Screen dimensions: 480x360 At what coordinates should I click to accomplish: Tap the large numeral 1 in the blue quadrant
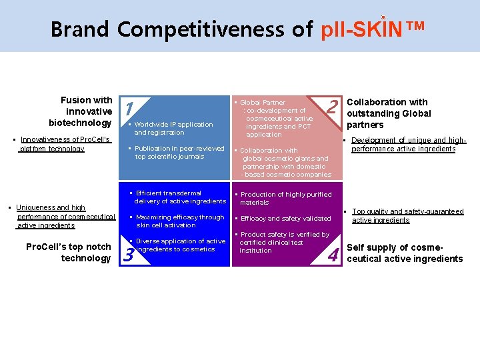pos(130,108)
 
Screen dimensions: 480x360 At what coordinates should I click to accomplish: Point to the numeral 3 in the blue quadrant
pos(129,254)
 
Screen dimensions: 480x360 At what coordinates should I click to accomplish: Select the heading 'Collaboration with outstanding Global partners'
pos(389,113)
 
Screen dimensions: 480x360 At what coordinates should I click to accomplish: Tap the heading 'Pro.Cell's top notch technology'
pos(69,253)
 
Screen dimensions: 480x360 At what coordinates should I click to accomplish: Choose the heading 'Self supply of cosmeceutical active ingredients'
pos(404,253)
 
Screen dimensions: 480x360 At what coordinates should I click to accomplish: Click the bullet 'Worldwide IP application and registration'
pos(173,128)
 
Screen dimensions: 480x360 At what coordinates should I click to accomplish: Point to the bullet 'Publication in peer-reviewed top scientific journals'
pos(179,152)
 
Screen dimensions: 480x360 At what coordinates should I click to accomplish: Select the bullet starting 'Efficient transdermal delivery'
pos(179,197)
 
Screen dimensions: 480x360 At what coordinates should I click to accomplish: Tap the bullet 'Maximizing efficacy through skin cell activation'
pos(179,221)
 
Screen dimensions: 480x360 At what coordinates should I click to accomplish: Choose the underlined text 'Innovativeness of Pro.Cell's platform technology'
pos(56,144)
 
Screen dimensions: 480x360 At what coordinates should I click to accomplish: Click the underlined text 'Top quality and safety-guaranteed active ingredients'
pos(407,216)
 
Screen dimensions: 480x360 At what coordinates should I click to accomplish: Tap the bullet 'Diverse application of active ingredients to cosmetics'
pos(179,245)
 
